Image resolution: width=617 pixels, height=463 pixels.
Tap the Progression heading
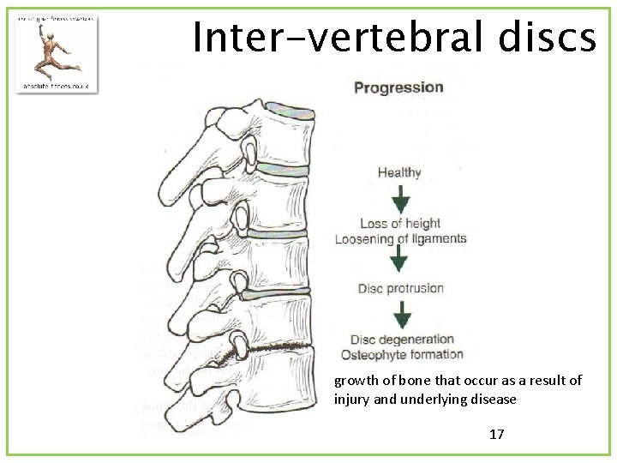click(x=398, y=87)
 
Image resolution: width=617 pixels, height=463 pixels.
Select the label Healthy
click(x=399, y=172)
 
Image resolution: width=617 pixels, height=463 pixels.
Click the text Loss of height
click(x=400, y=224)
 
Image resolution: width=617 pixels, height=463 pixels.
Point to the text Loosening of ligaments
click(x=400, y=239)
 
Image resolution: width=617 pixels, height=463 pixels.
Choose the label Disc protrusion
click(x=400, y=288)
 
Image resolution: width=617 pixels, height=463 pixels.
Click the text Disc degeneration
click(x=401, y=340)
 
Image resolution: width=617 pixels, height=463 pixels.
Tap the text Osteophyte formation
click(x=401, y=354)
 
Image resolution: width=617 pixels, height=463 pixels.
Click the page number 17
click(x=496, y=434)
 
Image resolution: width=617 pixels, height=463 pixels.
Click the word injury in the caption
click(x=353, y=399)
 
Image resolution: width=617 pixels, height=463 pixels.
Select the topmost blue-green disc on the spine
click(x=290, y=109)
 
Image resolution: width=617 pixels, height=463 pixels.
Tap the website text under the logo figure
click(x=57, y=86)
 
